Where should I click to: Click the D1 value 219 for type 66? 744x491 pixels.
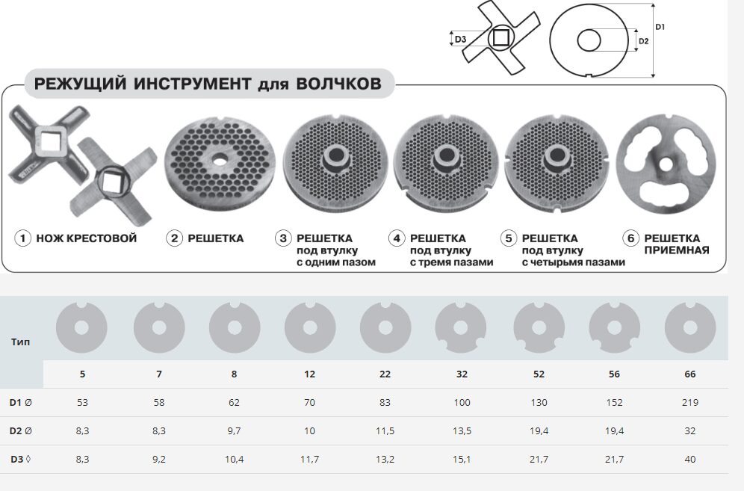point(690,403)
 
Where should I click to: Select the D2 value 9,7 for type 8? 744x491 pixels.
point(234,431)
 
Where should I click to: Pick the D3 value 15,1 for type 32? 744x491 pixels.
point(462,460)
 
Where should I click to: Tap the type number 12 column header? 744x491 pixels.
point(309,374)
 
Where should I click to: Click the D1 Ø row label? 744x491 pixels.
point(21,403)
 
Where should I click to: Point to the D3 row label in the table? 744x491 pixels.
point(21,460)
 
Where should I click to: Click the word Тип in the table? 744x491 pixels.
point(20,342)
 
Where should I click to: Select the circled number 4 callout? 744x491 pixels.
point(397,238)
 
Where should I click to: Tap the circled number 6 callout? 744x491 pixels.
point(630,238)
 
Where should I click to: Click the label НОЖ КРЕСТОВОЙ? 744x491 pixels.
point(87,238)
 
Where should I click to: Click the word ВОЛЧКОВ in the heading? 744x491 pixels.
point(339,84)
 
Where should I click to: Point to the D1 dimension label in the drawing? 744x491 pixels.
point(660,27)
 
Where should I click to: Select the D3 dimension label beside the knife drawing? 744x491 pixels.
point(460,40)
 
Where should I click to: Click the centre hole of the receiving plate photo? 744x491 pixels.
point(666,164)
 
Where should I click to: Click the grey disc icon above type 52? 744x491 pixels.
point(539,327)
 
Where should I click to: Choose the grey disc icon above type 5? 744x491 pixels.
point(81,327)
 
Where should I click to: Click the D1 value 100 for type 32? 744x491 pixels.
point(462,403)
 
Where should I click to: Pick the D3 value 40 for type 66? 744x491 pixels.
point(690,460)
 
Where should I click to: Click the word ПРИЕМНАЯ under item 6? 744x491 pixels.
point(677,250)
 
